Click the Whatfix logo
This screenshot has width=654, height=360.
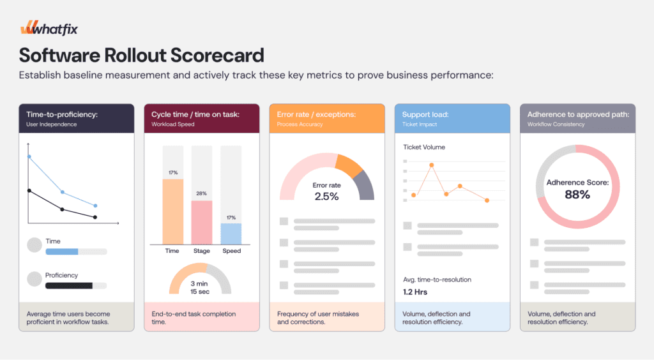point(49,29)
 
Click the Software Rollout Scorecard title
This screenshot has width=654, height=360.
point(141,55)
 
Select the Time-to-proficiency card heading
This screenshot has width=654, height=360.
point(62,114)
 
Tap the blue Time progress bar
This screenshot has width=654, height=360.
point(62,251)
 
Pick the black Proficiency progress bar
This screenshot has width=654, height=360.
point(69,285)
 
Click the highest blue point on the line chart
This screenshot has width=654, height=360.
point(29,156)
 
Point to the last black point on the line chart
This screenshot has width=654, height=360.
point(95,218)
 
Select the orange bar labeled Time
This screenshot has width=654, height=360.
point(172,211)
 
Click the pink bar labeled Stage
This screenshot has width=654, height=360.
point(202,222)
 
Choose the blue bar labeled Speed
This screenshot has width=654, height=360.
point(231,234)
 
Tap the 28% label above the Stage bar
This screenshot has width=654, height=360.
point(202,193)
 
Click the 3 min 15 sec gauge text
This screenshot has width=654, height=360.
point(200,287)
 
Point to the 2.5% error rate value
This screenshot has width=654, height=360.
point(326,197)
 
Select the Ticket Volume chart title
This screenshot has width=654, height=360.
point(424,147)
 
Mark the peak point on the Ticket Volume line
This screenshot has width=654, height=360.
point(432,165)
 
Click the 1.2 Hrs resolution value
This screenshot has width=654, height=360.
point(415,292)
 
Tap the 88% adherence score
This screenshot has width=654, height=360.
point(577,195)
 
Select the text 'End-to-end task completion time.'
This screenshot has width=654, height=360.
point(194,318)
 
